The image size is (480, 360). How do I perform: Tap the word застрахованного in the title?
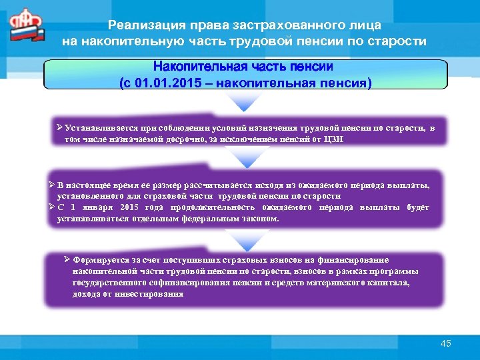(277, 25)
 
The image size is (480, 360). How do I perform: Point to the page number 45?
(446, 343)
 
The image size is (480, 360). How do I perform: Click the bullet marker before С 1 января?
(52, 207)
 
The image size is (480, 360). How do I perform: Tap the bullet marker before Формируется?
(66, 260)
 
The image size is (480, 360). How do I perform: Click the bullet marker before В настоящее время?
(52, 185)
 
